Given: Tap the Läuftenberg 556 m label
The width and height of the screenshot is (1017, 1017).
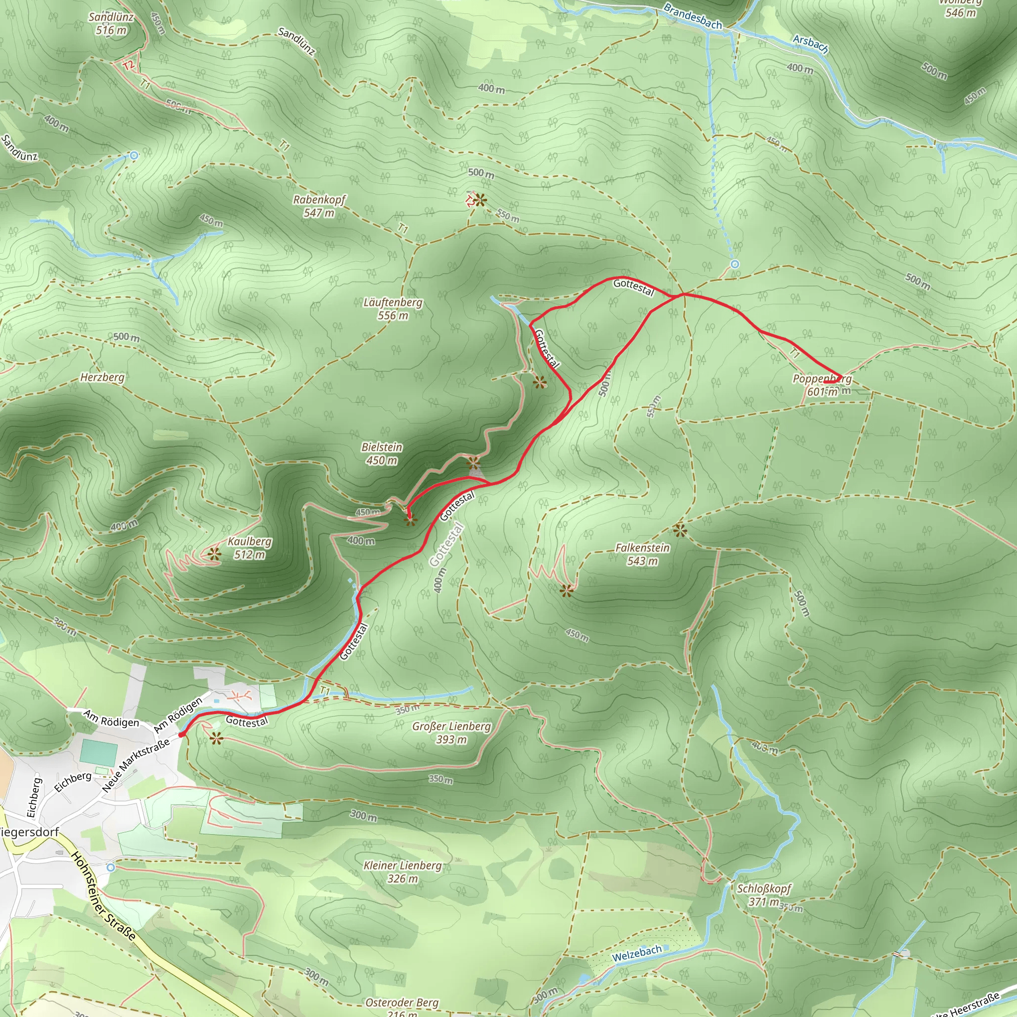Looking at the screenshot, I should click(x=393, y=309).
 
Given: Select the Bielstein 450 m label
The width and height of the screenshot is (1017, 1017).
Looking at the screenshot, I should click(x=382, y=454).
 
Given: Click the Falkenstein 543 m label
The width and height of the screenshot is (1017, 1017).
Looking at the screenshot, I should click(x=642, y=554).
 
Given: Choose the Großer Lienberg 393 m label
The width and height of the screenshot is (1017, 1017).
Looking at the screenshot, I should click(x=451, y=733).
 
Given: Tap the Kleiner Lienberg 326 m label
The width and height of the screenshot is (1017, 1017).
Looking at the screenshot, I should click(x=402, y=872).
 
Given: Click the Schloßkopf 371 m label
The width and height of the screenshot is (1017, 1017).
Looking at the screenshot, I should click(x=764, y=895).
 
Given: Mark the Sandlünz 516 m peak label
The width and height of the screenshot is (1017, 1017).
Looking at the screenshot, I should click(x=111, y=24).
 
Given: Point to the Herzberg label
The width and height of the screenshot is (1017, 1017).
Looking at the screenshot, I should click(x=102, y=377).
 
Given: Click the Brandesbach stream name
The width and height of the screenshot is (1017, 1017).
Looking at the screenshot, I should click(x=693, y=16).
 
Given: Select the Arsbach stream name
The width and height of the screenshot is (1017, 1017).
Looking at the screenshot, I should click(x=810, y=44).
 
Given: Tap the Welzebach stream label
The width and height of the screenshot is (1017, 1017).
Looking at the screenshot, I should click(x=637, y=953).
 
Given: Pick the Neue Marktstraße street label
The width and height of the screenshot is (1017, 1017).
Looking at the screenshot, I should click(x=136, y=765).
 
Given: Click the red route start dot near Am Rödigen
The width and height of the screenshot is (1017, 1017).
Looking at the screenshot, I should click(x=182, y=734).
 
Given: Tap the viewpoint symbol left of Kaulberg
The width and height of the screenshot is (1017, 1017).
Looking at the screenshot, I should click(x=213, y=554).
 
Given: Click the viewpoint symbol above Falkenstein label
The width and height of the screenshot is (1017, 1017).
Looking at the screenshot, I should click(x=680, y=530).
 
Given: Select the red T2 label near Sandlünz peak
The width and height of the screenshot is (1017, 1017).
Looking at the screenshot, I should click(x=129, y=66).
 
